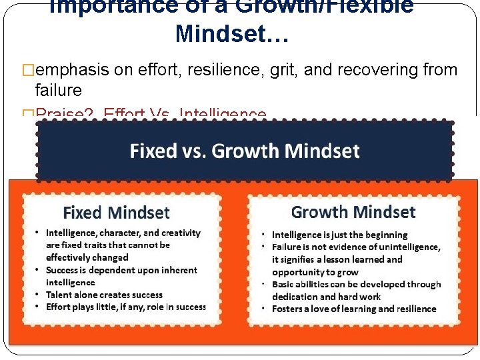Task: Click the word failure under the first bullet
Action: coord(58,90)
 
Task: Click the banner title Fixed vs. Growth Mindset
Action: coord(245,151)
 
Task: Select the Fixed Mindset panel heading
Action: coord(116,213)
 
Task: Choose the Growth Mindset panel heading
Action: coord(353,213)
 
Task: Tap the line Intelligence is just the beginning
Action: coord(339,235)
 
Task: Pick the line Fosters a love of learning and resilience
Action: coord(354,309)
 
